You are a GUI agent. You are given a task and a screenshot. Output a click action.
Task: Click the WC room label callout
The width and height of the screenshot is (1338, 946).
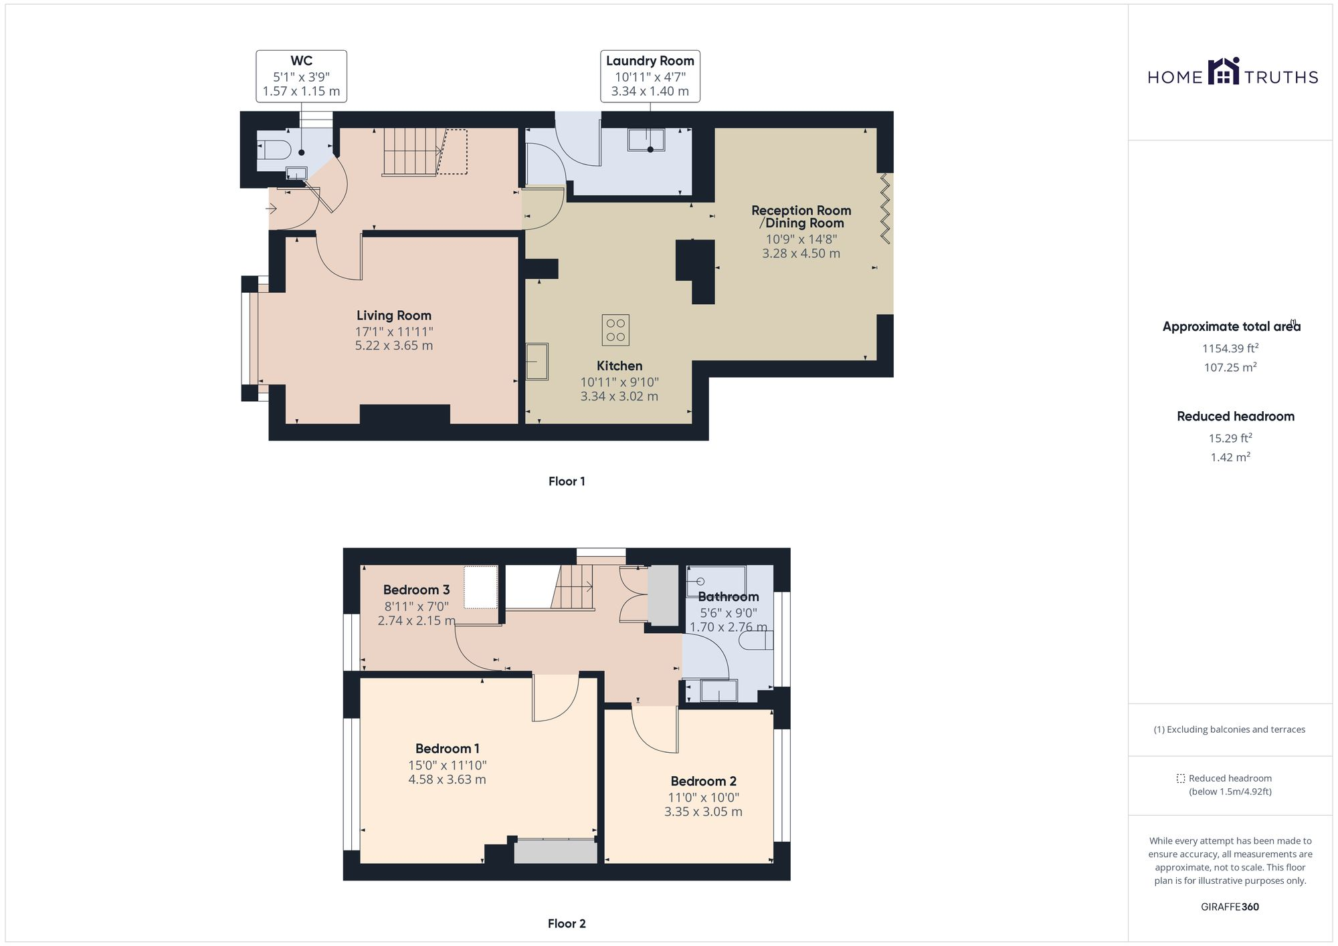(x=301, y=76)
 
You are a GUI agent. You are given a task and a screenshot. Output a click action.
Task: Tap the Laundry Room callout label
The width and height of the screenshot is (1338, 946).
(x=650, y=76)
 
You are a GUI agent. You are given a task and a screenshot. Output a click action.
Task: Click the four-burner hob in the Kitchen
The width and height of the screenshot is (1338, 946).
(x=615, y=330)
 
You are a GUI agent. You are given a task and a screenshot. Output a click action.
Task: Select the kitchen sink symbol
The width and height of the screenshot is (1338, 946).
(x=537, y=362)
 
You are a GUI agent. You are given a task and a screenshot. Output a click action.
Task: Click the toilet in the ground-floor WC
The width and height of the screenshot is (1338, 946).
(x=274, y=148)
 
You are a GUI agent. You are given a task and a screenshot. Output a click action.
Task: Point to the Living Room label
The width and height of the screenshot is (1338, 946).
(x=393, y=316)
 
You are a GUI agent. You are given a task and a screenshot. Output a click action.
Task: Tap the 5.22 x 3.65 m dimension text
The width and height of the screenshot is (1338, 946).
(x=393, y=346)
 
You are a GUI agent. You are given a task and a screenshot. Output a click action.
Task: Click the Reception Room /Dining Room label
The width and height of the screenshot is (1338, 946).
(x=801, y=217)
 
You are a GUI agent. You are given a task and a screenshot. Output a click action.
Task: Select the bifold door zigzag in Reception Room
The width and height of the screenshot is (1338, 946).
(x=885, y=207)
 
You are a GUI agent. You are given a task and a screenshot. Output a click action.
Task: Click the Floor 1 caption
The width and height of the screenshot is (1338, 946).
(x=567, y=481)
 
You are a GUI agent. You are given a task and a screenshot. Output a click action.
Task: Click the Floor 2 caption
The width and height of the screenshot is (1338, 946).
(x=567, y=924)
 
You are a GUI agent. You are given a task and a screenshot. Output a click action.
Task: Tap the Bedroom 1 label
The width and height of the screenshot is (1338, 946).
(x=447, y=749)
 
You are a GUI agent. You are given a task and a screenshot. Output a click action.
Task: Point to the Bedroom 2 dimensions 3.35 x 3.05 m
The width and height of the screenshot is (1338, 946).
(x=703, y=812)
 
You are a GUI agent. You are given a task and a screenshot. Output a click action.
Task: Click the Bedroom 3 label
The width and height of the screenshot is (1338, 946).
(x=416, y=590)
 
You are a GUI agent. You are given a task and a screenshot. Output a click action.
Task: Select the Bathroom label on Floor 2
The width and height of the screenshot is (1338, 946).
(x=728, y=596)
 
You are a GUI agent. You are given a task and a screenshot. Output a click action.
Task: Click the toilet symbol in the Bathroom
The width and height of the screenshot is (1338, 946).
(x=755, y=641)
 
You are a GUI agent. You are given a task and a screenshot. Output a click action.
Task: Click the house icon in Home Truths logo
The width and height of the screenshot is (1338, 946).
(x=1223, y=72)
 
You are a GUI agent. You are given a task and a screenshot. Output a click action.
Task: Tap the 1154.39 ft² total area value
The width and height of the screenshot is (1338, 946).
(x=1230, y=348)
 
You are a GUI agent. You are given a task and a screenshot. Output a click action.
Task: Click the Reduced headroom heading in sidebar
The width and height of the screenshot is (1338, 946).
(x=1235, y=417)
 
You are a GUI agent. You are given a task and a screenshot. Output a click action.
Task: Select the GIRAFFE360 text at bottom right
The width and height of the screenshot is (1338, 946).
(x=1230, y=907)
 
